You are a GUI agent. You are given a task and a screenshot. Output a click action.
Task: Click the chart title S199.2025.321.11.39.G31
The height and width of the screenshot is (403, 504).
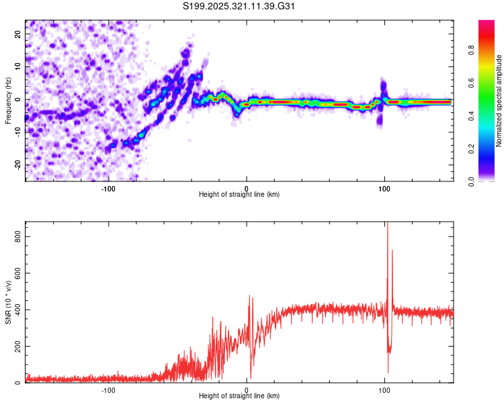click(x=240, y=7)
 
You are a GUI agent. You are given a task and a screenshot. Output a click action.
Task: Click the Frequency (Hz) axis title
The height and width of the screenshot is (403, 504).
click(x=8, y=100)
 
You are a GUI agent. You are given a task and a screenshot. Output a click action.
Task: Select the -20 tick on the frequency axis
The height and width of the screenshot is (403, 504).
click(x=18, y=165)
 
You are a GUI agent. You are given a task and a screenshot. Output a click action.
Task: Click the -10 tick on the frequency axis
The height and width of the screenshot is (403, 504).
click(x=18, y=132)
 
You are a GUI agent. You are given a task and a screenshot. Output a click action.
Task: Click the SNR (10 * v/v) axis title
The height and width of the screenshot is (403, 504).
click(x=8, y=302)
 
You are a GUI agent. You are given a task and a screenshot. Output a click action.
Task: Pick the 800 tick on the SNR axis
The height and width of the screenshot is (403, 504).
click(x=16, y=236)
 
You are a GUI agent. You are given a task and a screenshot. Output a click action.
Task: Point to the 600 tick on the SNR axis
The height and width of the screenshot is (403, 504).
click(x=16, y=273)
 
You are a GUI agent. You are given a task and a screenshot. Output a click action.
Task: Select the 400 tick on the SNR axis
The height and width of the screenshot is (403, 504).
click(x=16, y=310)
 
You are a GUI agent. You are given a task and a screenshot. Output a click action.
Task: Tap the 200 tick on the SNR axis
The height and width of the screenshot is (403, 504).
click(x=16, y=346)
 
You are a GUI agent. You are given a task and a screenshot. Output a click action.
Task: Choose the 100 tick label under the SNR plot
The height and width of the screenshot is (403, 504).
click(x=384, y=390)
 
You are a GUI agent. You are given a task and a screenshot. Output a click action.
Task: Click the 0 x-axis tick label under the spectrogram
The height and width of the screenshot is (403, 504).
click(x=247, y=188)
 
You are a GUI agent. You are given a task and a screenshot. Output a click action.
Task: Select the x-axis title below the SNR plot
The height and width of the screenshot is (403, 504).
click(x=240, y=396)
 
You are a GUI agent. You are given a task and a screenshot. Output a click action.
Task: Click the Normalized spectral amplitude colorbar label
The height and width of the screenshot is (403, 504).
click(x=499, y=100)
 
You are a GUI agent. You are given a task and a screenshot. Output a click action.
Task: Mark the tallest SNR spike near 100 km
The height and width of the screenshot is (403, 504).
click(x=387, y=228)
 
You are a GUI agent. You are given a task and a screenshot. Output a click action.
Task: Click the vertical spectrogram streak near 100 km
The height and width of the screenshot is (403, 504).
click(x=383, y=101)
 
